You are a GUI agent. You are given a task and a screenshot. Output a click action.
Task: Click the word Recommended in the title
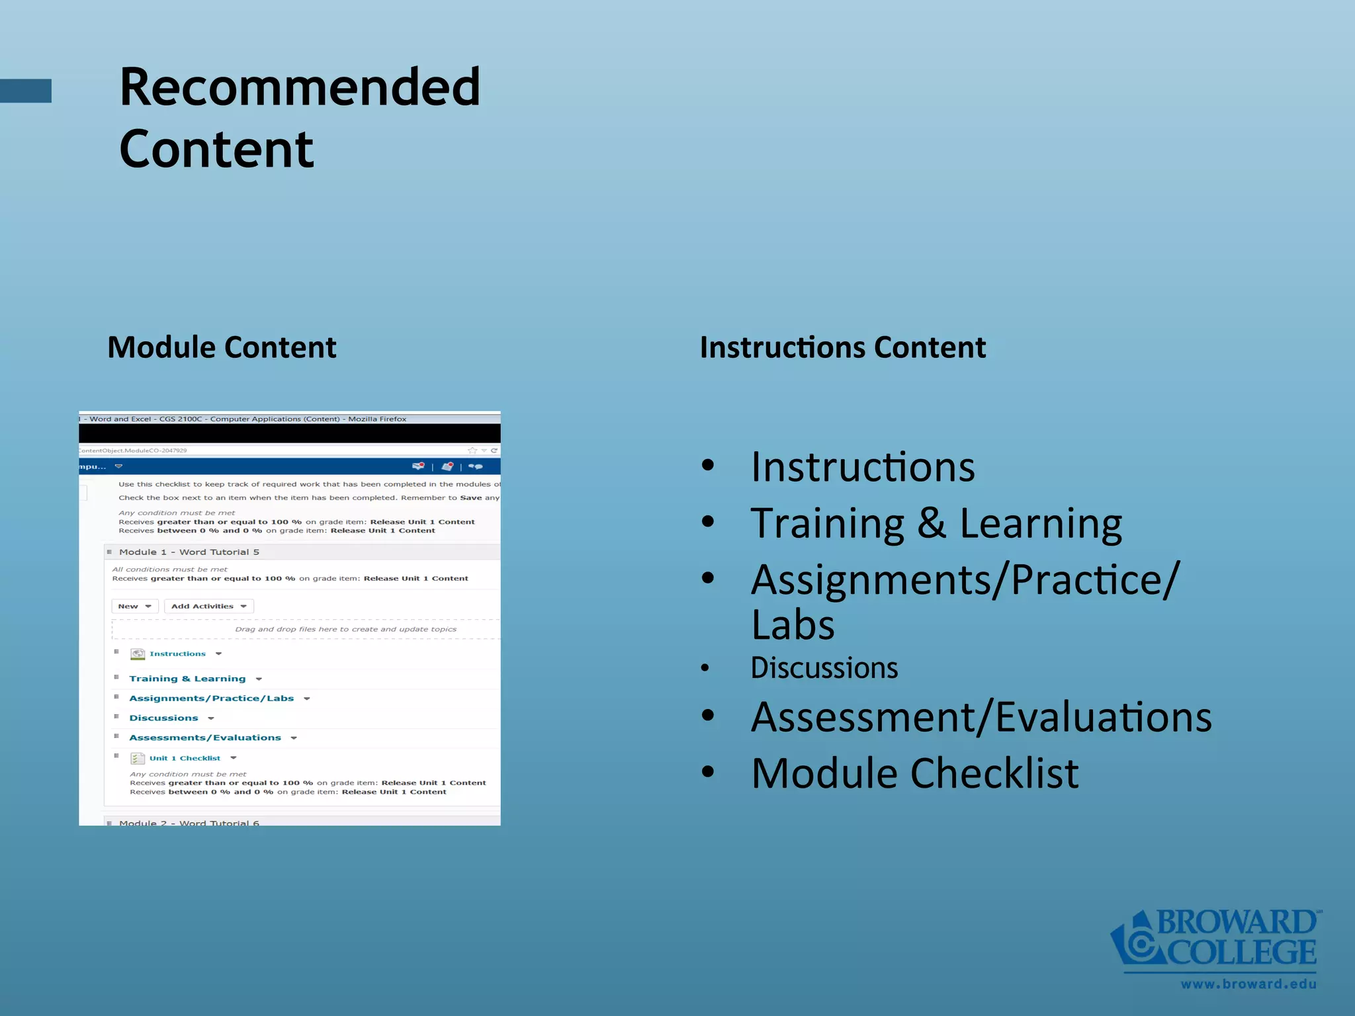point(299,87)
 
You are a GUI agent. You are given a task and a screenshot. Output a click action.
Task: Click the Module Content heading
point(222,347)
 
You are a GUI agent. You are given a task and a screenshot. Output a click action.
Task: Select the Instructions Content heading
point(842,347)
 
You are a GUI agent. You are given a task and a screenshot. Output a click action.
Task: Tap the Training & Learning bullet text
point(936,523)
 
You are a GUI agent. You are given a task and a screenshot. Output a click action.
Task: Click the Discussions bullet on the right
point(824,668)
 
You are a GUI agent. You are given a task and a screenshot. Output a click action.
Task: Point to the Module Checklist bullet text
point(914,773)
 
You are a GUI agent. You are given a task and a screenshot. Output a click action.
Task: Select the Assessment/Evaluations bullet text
point(981,717)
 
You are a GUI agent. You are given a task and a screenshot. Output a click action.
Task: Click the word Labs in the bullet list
point(793,625)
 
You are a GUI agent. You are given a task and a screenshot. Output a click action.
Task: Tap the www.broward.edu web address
point(1248,984)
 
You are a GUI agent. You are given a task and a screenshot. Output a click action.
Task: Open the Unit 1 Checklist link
point(185,758)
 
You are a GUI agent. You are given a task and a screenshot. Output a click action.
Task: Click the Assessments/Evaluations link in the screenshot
point(204,738)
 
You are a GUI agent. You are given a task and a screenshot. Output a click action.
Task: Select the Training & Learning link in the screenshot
point(187,679)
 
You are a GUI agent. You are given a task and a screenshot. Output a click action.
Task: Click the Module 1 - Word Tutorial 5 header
point(189,552)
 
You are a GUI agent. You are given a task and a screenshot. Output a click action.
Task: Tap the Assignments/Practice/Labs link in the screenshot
point(211,698)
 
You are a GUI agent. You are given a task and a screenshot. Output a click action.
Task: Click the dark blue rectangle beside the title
point(25,91)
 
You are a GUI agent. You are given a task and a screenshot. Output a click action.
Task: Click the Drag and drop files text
point(345,629)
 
